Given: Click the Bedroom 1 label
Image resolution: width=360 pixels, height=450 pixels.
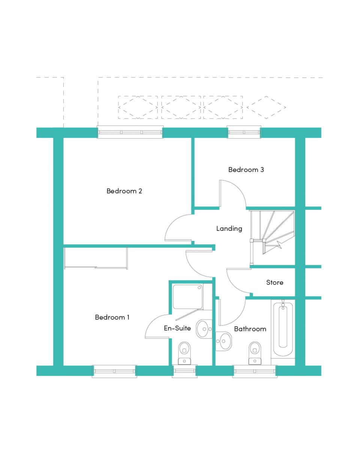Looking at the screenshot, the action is pos(112,317).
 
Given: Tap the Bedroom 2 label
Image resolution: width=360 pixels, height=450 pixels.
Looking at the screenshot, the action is pos(124,191).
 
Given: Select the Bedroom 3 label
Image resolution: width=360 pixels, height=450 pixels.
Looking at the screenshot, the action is pos(246,169).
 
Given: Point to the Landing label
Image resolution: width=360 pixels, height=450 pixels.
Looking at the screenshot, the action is pos(229,229).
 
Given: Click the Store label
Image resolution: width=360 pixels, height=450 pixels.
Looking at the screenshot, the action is pos(274,282).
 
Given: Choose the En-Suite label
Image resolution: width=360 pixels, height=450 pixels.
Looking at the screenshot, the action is pos(177,328).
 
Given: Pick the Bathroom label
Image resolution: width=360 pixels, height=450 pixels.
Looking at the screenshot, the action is pos(250,329).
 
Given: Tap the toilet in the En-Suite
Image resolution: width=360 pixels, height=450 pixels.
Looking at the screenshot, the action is pos(184,353).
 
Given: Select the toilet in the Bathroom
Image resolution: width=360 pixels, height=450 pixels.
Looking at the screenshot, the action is pos(255,353).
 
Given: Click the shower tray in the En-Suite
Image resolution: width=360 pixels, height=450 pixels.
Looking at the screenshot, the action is pos(188,297).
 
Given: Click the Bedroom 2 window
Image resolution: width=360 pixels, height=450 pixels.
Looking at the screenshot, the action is pos(130,132).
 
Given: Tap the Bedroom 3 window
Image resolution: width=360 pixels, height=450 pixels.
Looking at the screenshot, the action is pos(244,132).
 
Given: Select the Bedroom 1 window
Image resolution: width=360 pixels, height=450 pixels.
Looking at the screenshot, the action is pos(114,372).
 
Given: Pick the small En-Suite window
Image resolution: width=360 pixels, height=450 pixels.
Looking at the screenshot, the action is pos(184,372).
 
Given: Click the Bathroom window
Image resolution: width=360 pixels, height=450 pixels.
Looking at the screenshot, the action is pos(255,372).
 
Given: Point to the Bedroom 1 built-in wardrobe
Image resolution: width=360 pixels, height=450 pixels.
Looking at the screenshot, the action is pos(96,258).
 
